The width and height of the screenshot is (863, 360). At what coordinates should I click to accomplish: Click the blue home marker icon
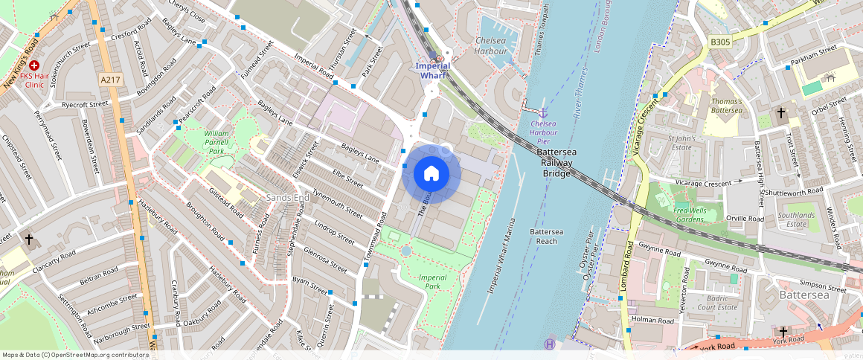click(431, 174)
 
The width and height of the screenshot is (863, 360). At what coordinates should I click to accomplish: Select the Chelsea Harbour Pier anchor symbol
click(543, 111)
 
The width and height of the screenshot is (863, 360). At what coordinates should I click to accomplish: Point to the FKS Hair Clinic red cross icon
click(34, 65)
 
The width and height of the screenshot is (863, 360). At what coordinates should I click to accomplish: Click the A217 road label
click(109, 79)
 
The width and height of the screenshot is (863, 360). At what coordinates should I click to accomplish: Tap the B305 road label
click(719, 42)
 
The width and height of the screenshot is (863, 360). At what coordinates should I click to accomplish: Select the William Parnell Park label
click(216, 141)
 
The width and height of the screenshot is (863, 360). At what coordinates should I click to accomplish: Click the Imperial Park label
click(432, 281)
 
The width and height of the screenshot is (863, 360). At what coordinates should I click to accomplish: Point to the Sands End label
click(287, 198)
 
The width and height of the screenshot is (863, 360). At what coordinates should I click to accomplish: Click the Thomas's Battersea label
click(726, 106)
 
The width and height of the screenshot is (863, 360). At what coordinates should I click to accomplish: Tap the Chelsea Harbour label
click(490, 45)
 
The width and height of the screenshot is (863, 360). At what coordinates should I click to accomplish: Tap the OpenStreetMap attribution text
click(75, 355)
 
